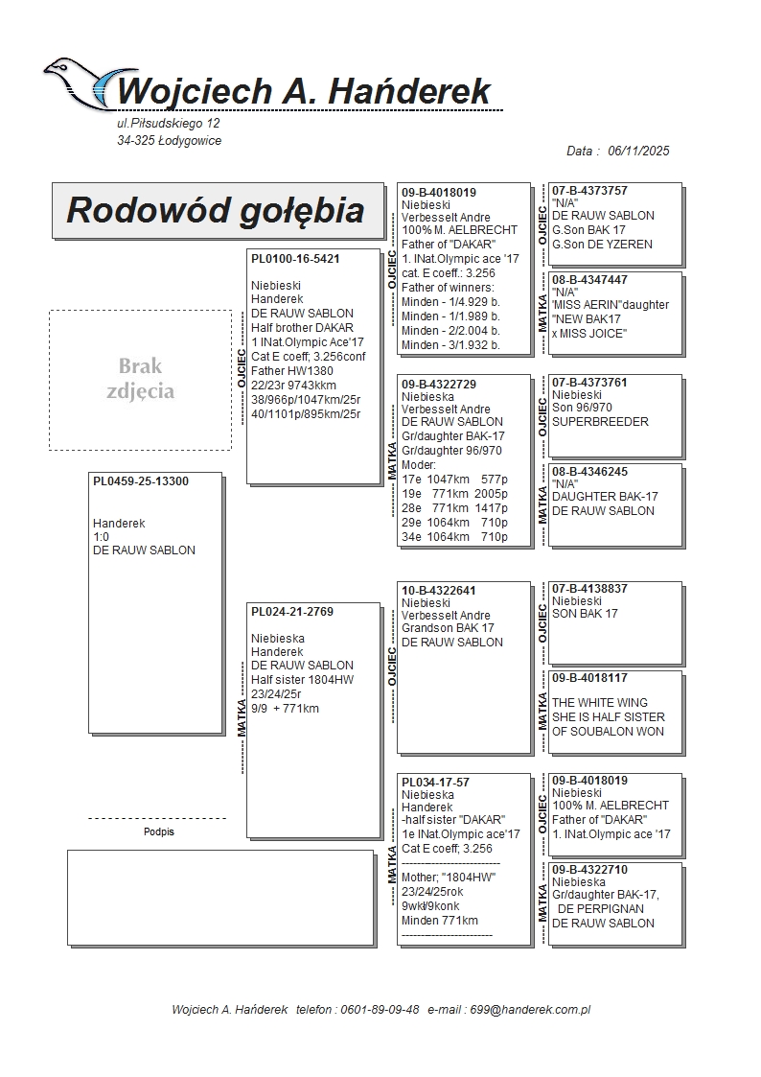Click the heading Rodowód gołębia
pos(216,210)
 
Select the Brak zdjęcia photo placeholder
pos(140,379)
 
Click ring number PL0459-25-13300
pos(141,481)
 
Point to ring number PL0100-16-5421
pos(295,259)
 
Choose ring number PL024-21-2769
pos(292,612)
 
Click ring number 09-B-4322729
pos(439,384)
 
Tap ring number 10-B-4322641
pos(439,590)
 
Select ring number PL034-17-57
pos(435,783)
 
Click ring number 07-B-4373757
pos(589,191)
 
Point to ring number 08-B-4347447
pos(589,280)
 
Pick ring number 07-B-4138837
pos(589,588)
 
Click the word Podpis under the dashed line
pos(159,831)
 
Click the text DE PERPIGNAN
pos(605,909)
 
